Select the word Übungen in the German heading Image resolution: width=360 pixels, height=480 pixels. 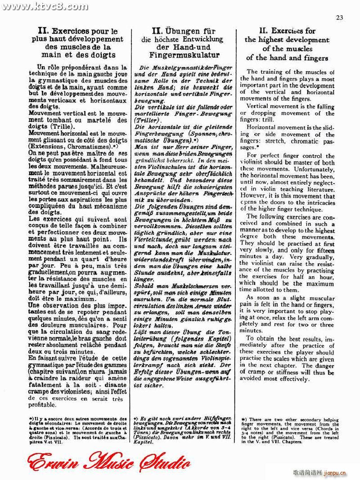point(188,31)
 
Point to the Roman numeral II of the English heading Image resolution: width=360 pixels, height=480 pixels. point(264,31)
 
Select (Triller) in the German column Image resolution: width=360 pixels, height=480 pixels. point(148,121)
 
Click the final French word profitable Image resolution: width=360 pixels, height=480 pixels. point(42,405)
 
